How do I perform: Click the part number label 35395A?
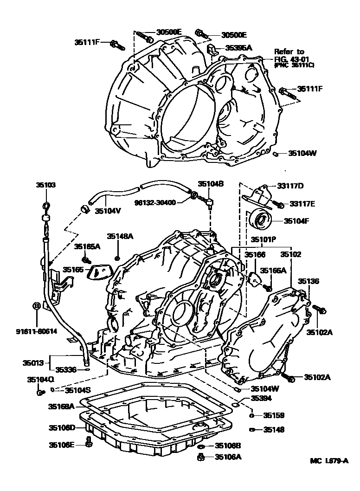238,47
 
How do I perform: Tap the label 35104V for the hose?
108,211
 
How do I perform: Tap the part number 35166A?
273,270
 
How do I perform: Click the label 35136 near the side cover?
309,281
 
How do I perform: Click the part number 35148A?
120,236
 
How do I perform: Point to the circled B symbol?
36,306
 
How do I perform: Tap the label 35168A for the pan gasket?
61,406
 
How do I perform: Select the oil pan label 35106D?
61,427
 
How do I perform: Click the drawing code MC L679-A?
329,461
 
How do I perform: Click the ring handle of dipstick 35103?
46,206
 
